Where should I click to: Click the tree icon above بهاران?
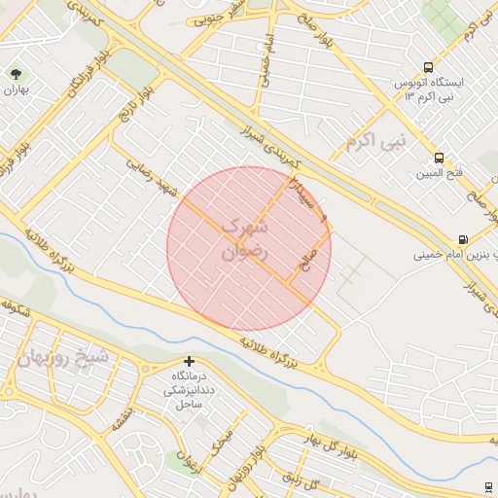point(16,73)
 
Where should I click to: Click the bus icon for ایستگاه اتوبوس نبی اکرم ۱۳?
point(429,68)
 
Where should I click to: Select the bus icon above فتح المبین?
point(440,158)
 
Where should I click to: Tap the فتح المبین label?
point(440,173)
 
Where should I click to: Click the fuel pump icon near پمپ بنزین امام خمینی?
point(462,240)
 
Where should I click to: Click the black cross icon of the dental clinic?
point(189,362)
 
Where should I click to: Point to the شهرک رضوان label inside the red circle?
point(243,238)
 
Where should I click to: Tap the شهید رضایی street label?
point(154,177)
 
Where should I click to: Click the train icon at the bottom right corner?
point(487,486)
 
